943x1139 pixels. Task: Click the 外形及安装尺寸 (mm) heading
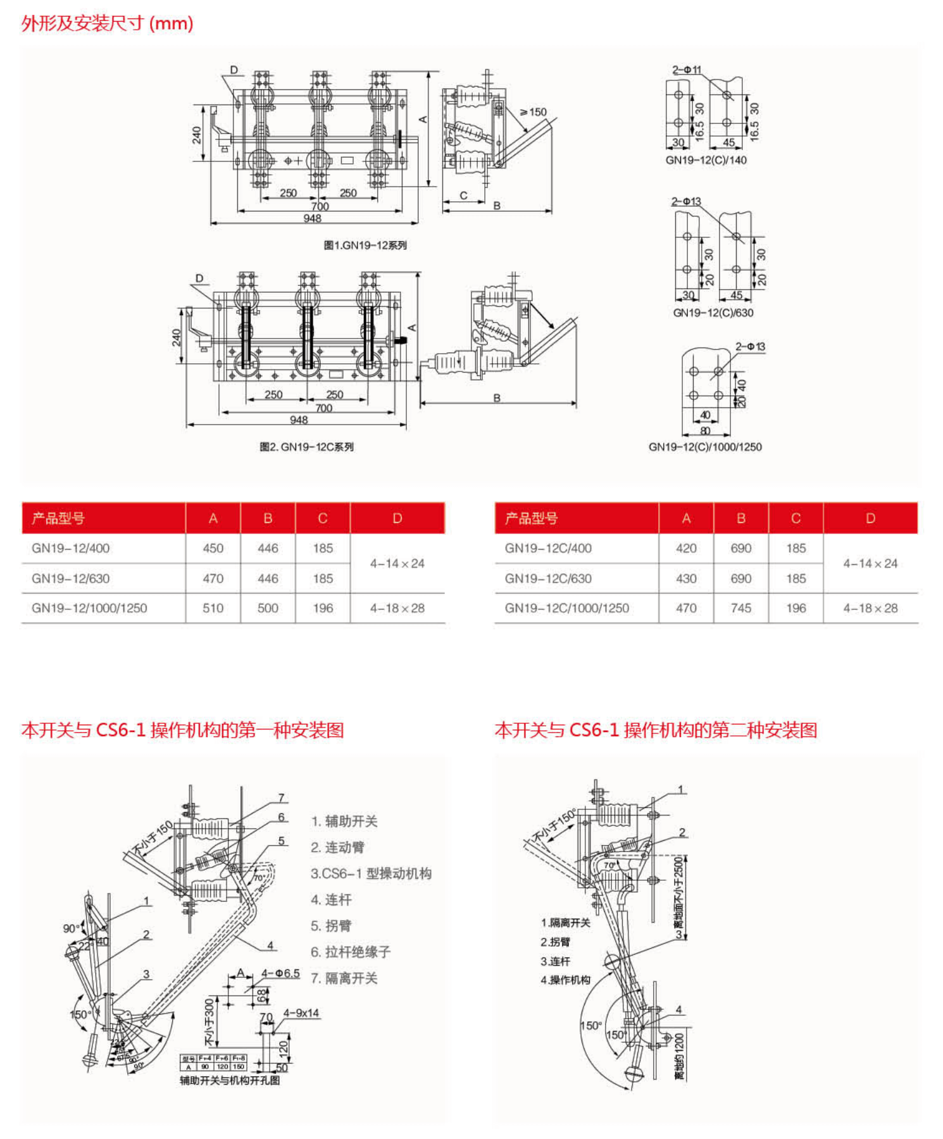tap(107, 23)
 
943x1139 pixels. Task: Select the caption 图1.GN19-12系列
tap(365, 245)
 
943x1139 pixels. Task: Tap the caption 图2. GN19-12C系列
tap(306, 447)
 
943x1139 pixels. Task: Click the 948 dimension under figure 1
tap(313, 218)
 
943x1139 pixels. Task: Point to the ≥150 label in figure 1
tap(534, 112)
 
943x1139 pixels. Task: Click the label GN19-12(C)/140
tap(706, 160)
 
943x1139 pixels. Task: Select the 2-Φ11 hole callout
tap(687, 70)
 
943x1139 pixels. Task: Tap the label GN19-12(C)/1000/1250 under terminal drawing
tap(705, 447)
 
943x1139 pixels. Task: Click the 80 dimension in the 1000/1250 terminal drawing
tap(705, 431)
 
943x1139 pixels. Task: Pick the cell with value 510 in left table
tap(213, 608)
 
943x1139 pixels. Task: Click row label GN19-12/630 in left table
tap(71, 578)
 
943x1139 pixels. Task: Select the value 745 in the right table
tap(740, 608)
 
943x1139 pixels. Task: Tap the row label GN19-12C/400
tap(548, 548)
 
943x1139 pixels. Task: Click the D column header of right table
tap(870, 518)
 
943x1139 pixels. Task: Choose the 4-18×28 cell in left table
tap(397, 608)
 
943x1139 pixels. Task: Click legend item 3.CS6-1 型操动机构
tap(371, 874)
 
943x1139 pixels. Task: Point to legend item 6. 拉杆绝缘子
tap(351, 952)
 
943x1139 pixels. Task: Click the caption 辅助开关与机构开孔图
tap(230, 1080)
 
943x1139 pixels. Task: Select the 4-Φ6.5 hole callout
tap(280, 973)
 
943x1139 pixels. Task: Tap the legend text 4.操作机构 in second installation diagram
tap(565, 980)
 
